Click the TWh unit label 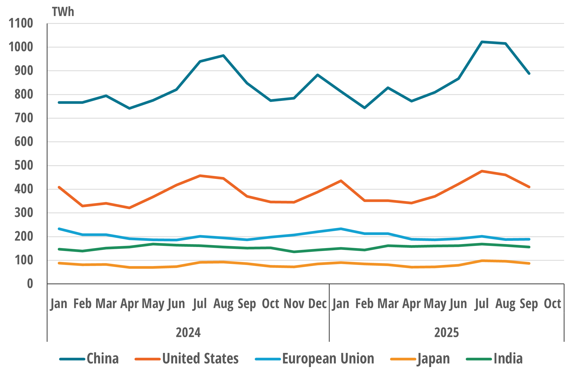pyautogui.click(x=63, y=12)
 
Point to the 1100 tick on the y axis pyautogui.click(x=21, y=23)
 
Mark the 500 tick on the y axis pyautogui.click(x=24, y=165)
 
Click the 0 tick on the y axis pyautogui.click(x=30, y=284)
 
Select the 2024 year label pyautogui.click(x=188, y=333)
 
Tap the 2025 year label pyautogui.click(x=446, y=333)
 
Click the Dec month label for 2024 pyautogui.click(x=318, y=304)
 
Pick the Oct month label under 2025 pyautogui.click(x=552, y=304)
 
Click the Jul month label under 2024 pyautogui.click(x=200, y=304)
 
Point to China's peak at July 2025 pyautogui.click(x=482, y=42)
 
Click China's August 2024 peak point pyautogui.click(x=223, y=56)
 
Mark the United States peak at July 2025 pyautogui.click(x=482, y=171)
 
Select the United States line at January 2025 pyautogui.click(x=341, y=181)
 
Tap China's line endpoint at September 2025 pyautogui.click(x=529, y=73)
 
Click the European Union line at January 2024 pyautogui.click(x=59, y=229)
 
